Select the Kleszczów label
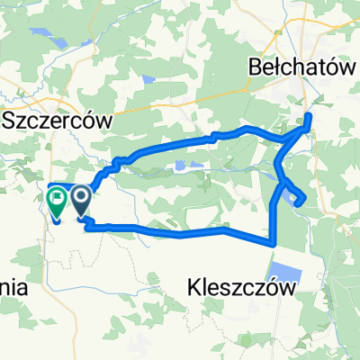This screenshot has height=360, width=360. tap(243, 286)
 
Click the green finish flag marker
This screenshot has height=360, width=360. tap(56, 202)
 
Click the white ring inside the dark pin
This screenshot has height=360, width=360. tap(80, 194)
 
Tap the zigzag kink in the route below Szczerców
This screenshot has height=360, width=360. tap(114, 165)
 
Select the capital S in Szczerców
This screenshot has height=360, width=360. tap(11, 120)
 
